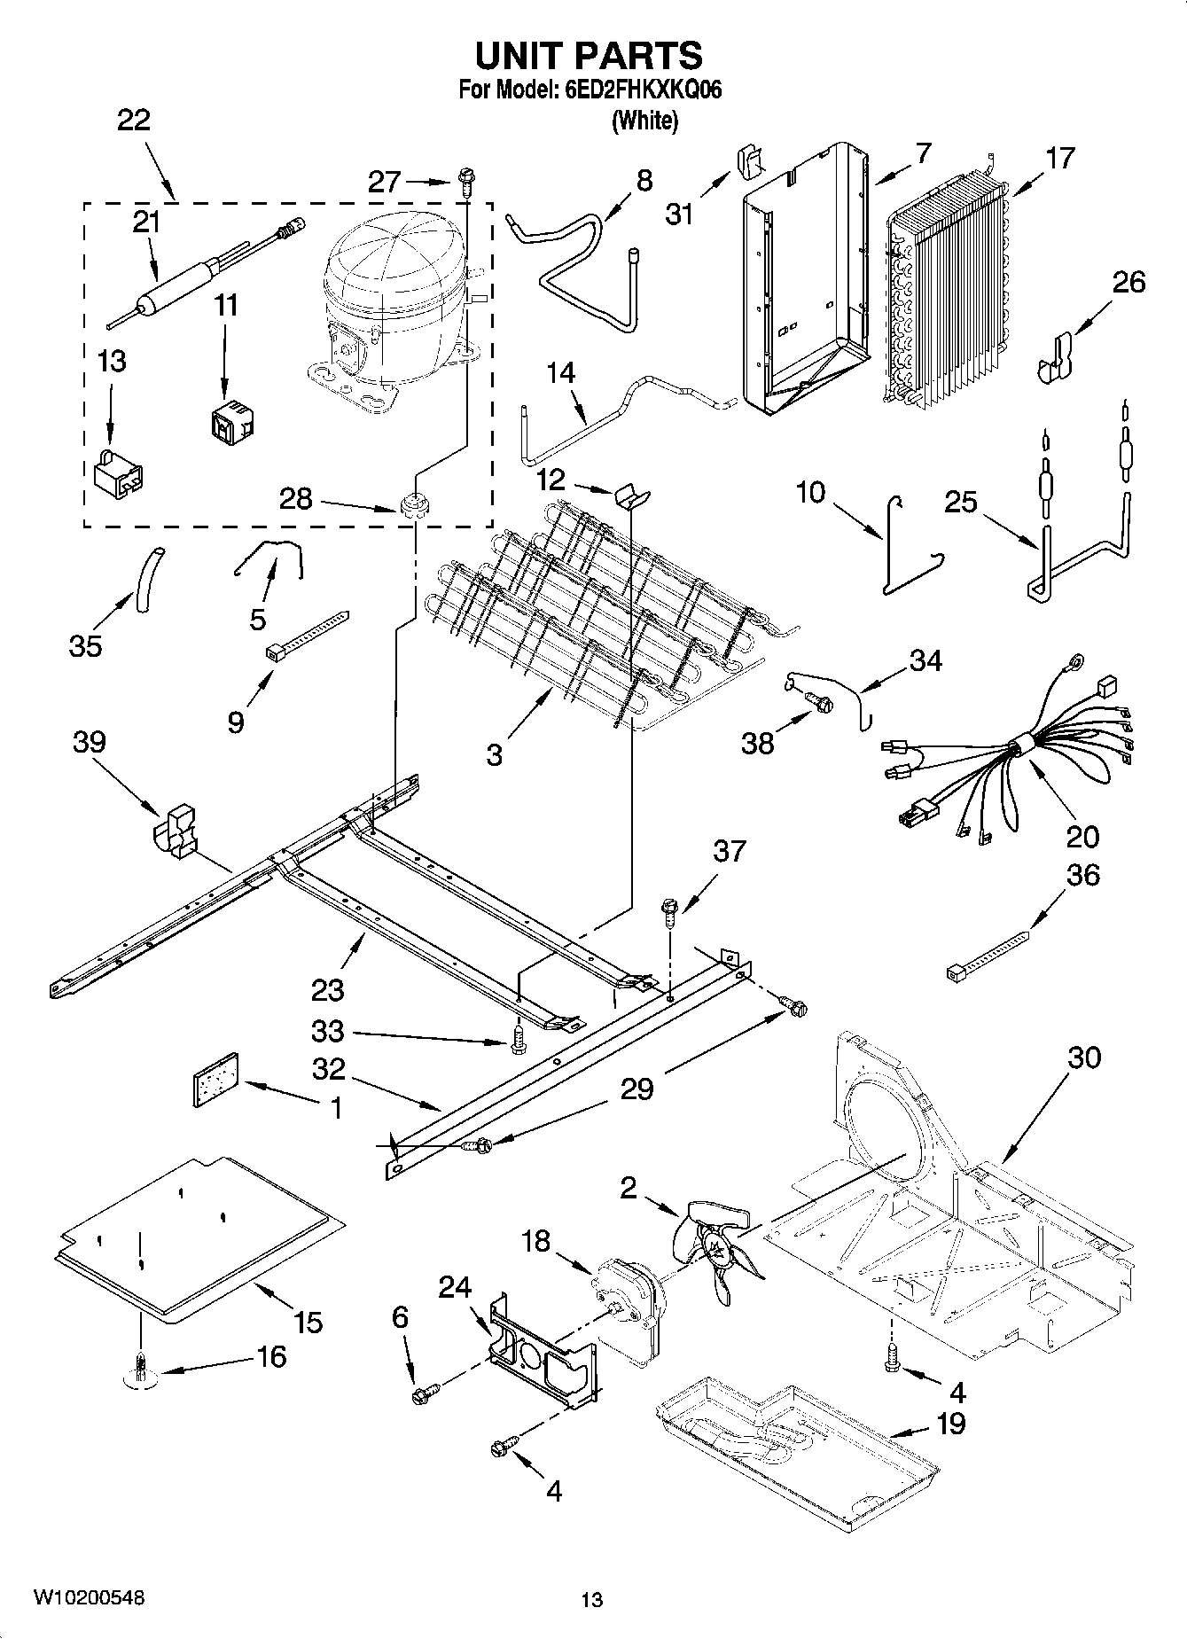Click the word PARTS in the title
pos(638,55)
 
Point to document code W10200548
pos(89,1598)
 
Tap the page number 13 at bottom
pos(591,1600)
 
